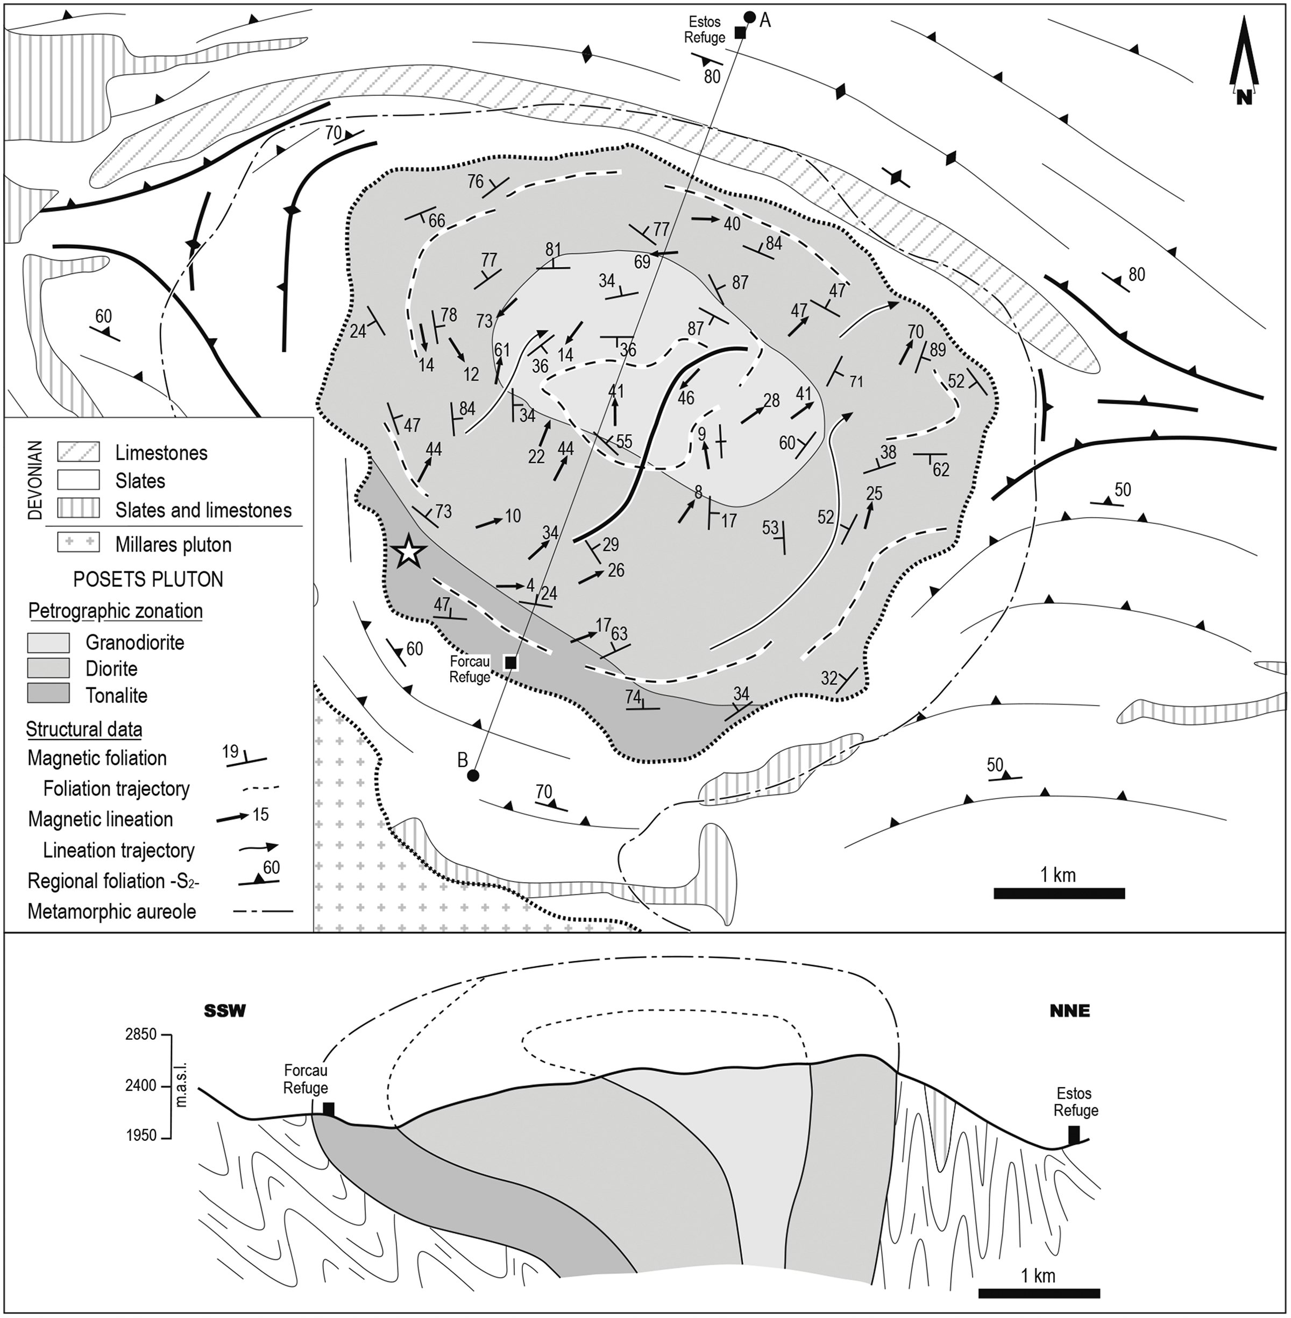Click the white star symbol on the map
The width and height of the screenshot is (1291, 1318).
[408, 552]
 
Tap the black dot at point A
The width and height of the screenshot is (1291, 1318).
[749, 17]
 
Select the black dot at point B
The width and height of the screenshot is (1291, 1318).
[473, 774]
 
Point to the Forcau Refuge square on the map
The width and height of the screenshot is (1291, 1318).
[511, 661]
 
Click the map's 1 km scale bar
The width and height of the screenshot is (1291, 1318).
[1059, 893]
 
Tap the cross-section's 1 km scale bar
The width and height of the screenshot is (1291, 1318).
[1039, 1292]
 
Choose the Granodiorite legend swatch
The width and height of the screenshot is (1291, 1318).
[48, 642]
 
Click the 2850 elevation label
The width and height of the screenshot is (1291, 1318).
[141, 1034]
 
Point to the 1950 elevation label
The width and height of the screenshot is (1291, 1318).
[141, 1135]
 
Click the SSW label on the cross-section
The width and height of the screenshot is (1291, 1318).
[225, 1011]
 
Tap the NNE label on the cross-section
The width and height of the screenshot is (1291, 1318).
[1069, 1011]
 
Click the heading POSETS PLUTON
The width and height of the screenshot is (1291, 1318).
[148, 579]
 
